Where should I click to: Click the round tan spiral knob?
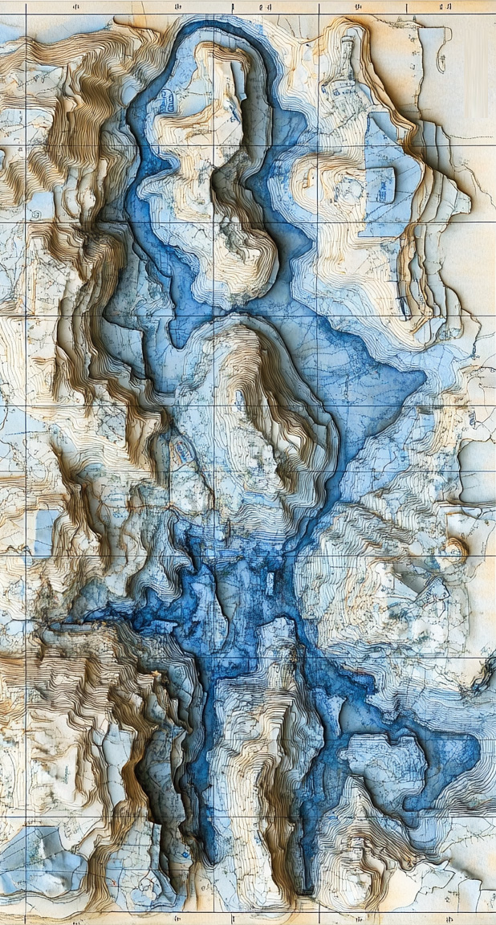click(455, 548)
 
